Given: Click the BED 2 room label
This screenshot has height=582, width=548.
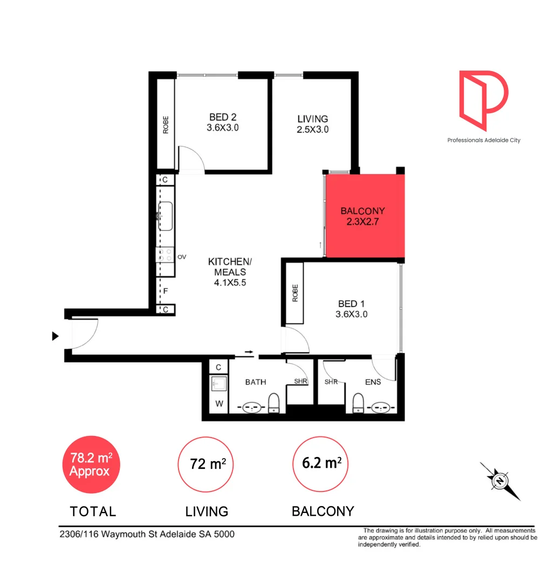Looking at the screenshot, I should tap(223, 122).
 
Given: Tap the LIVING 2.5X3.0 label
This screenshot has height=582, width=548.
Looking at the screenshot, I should tap(313, 124).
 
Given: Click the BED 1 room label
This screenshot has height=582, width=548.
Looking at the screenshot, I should tap(351, 309).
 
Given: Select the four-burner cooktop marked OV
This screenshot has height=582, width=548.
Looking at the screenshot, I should tap(165, 254).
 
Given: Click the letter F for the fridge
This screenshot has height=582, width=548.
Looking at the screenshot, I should tap(166, 292).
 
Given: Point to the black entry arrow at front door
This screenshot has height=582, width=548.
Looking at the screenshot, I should tap(54, 336).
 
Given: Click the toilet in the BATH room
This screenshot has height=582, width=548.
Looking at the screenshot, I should tap(274, 402).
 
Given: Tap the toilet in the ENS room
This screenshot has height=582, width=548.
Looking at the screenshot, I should tap(357, 402).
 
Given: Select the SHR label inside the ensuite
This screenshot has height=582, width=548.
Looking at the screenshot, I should tap(331, 382).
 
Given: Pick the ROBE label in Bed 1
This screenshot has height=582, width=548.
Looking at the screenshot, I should tap(295, 293).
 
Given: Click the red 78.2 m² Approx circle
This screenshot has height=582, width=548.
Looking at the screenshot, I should tap(91, 464).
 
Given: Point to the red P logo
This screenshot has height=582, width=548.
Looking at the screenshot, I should tap(483, 100).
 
